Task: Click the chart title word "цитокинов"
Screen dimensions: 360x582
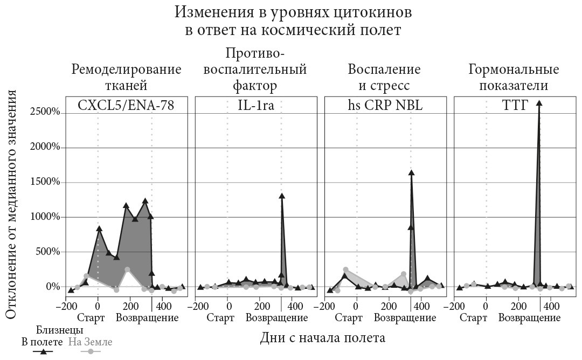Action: [x=370, y=11]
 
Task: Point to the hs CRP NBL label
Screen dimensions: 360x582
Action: [x=385, y=106]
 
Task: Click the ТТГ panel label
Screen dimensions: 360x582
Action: [x=514, y=106]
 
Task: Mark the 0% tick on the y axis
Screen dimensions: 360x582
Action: [x=52, y=287]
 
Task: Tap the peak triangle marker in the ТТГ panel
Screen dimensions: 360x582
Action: [x=539, y=103]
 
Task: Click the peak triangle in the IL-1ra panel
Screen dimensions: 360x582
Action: [x=282, y=196]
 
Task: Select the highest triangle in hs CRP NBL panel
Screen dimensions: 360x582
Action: [x=411, y=173]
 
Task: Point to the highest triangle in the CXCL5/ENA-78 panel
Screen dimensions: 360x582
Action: [x=145, y=201]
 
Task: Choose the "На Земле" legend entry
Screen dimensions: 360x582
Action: [x=91, y=342]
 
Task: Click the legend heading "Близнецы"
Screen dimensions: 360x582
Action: [x=60, y=329]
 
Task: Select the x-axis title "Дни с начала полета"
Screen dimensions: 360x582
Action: [x=323, y=338]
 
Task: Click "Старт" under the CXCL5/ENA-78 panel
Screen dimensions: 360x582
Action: [x=91, y=317]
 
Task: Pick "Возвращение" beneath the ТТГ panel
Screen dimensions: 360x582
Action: [x=529, y=317]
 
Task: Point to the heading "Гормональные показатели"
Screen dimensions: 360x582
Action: [x=514, y=77]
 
